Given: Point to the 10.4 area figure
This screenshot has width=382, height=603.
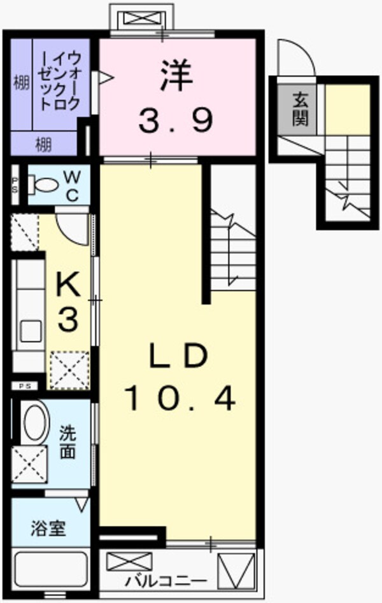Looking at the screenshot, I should click(x=180, y=399).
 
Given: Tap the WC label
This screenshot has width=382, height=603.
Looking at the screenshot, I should click(x=72, y=184).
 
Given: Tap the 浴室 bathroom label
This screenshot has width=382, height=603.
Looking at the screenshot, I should click(x=48, y=529).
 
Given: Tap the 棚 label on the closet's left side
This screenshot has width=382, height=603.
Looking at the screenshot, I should click(x=22, y=83).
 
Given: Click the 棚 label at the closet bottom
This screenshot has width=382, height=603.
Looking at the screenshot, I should click(x=43, y=144).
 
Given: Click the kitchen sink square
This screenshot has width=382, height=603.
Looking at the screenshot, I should click(x=31, y=331).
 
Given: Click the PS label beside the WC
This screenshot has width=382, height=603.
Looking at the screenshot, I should click(x=15, y=185).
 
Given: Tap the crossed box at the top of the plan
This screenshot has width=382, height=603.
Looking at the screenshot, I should click(x=141, y=18).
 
